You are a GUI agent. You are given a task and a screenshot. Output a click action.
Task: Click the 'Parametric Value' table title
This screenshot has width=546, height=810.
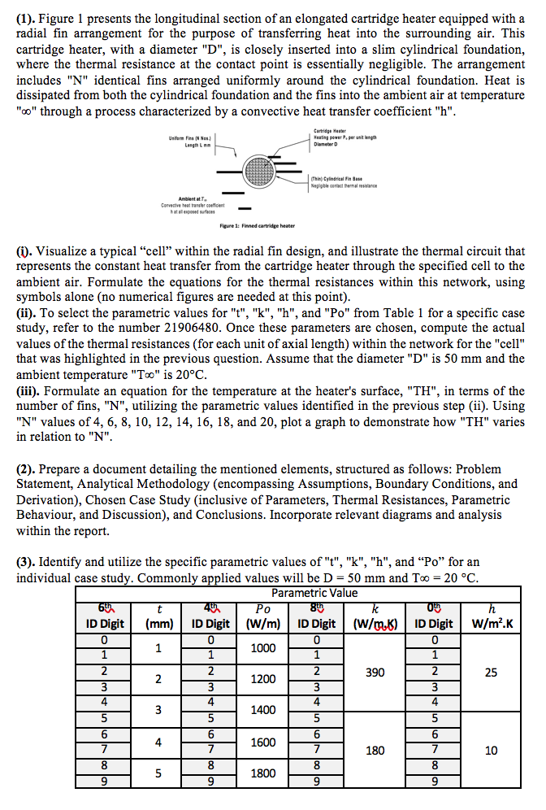[x=314, y=593]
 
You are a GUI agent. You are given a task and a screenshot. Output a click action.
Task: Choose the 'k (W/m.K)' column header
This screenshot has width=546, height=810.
[x=375, y=615]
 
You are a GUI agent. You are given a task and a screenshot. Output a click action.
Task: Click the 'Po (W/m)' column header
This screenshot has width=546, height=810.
[x=262, y=615]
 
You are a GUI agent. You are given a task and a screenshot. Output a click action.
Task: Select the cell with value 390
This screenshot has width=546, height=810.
[x=375, y=673]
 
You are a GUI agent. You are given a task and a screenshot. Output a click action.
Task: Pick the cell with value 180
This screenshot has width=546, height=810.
[x=375, y=750]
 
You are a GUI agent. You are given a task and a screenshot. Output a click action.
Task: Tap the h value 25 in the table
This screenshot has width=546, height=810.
[x=490, y=673]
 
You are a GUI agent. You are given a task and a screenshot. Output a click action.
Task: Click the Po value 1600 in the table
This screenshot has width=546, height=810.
[x=262, y=742]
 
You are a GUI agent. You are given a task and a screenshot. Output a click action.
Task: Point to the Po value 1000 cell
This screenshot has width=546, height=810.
[x=262, y=648]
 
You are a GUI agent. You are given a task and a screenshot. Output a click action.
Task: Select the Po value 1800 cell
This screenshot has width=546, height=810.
[x=262, y=773]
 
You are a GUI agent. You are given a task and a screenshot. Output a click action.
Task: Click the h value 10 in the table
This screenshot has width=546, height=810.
[x=490, y=750]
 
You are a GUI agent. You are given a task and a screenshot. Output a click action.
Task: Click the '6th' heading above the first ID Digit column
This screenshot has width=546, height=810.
[x=106, y=607]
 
